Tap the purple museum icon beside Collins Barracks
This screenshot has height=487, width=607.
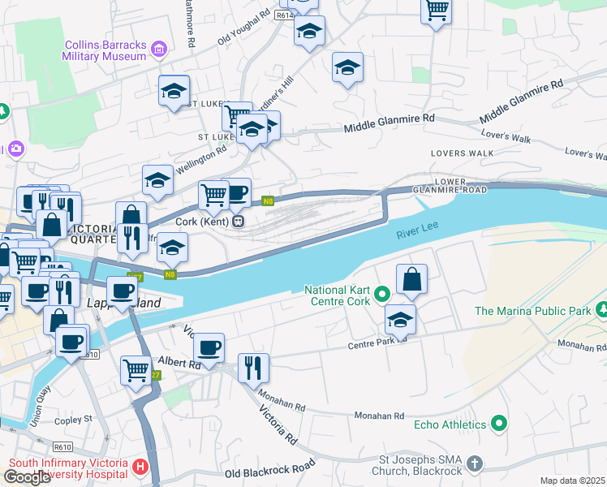pos(159,50)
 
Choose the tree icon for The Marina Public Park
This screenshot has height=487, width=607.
pos(601,310)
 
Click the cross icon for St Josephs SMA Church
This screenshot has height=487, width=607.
pos(475,464)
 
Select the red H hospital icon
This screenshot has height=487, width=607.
pos(140,468)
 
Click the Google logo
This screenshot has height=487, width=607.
pos(27,476)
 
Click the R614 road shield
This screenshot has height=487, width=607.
pos(284,15)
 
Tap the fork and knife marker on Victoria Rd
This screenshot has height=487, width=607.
pos(253,368)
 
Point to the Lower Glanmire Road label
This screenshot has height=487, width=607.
pos(460,185)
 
